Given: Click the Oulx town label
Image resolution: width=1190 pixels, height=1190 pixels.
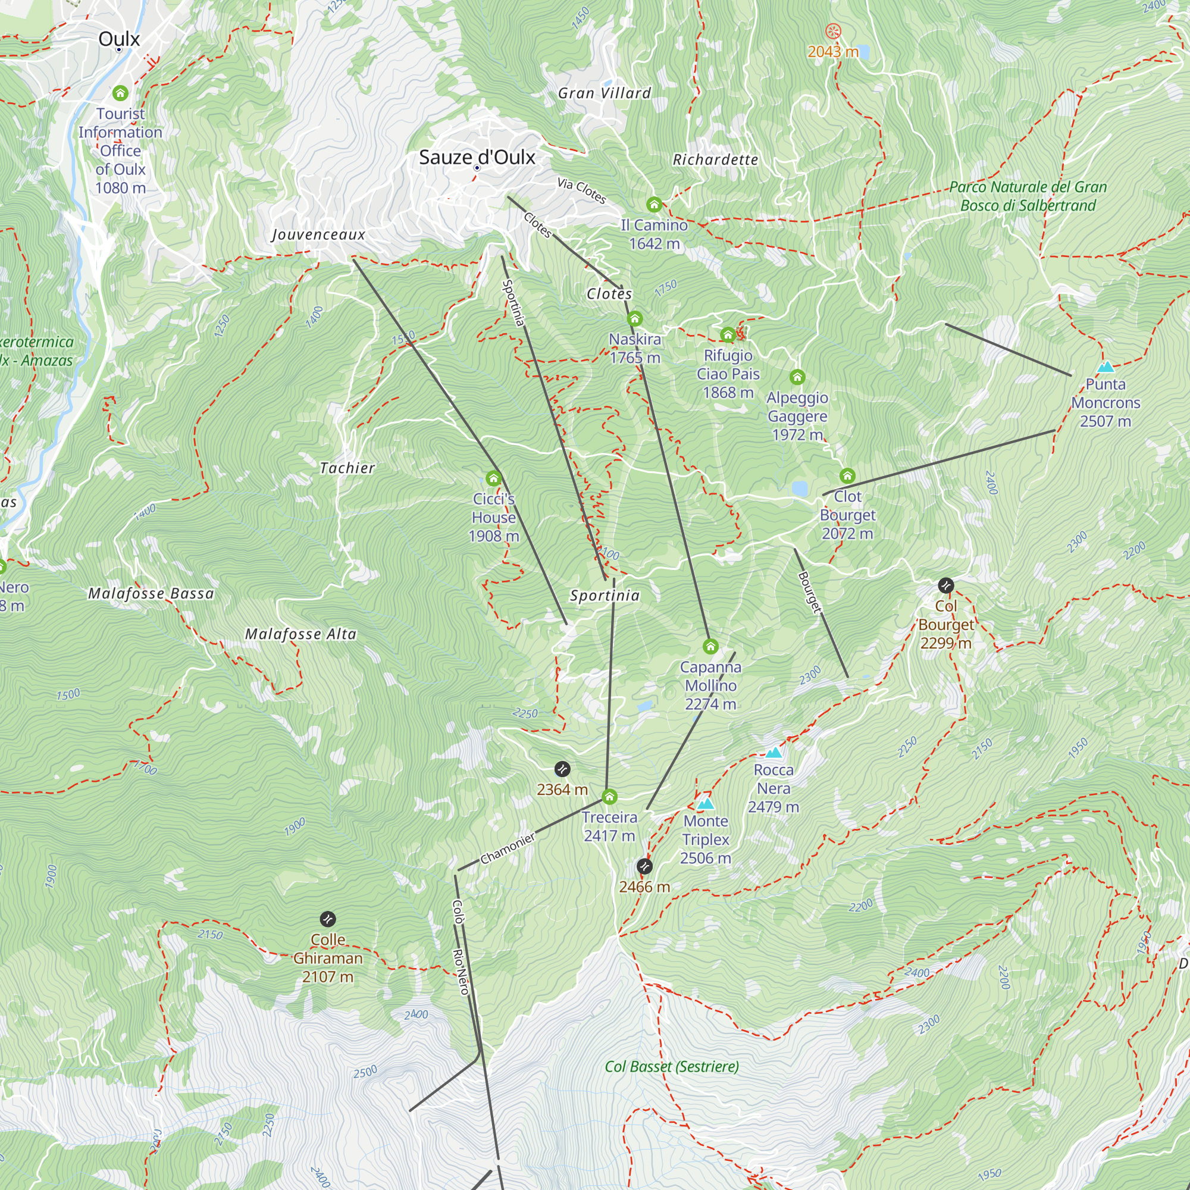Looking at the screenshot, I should pos(119,39).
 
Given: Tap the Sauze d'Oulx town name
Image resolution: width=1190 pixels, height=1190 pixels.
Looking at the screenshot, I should pos(477,157).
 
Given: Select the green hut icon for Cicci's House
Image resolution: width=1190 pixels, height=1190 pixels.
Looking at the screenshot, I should pos(493,478).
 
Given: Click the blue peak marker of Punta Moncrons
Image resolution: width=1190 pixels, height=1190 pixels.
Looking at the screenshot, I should pos(1106,367).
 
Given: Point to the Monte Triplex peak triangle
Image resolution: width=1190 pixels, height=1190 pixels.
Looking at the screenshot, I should pos(706,804).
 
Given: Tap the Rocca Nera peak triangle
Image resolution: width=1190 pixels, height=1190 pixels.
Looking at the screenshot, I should pos(773,753).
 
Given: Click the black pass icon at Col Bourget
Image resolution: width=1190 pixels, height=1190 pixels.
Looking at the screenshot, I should pos(946,585).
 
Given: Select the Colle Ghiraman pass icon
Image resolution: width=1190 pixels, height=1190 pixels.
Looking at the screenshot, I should pos(328,920).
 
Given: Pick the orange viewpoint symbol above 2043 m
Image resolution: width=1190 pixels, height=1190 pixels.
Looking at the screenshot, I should pos(833,31).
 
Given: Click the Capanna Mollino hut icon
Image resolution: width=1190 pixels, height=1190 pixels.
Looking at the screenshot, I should pos(710,646).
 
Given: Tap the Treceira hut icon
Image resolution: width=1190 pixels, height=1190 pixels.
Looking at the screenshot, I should pos(609,797).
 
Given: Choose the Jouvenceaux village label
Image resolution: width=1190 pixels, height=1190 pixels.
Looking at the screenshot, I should pos(318,234).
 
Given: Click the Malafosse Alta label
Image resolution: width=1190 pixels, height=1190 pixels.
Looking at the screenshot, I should pos(300,634).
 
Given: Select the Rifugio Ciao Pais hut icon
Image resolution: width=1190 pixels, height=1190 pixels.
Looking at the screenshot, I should pos(728,335).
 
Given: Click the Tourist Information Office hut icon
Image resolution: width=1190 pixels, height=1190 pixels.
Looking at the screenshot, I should pos(120,93).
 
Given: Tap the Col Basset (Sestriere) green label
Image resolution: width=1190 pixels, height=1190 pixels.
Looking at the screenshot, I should pos(671,1067).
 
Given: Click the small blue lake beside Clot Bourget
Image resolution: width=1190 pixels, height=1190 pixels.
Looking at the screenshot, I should pos(800,488).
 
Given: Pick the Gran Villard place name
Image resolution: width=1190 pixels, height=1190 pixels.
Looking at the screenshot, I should pos(605,93).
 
